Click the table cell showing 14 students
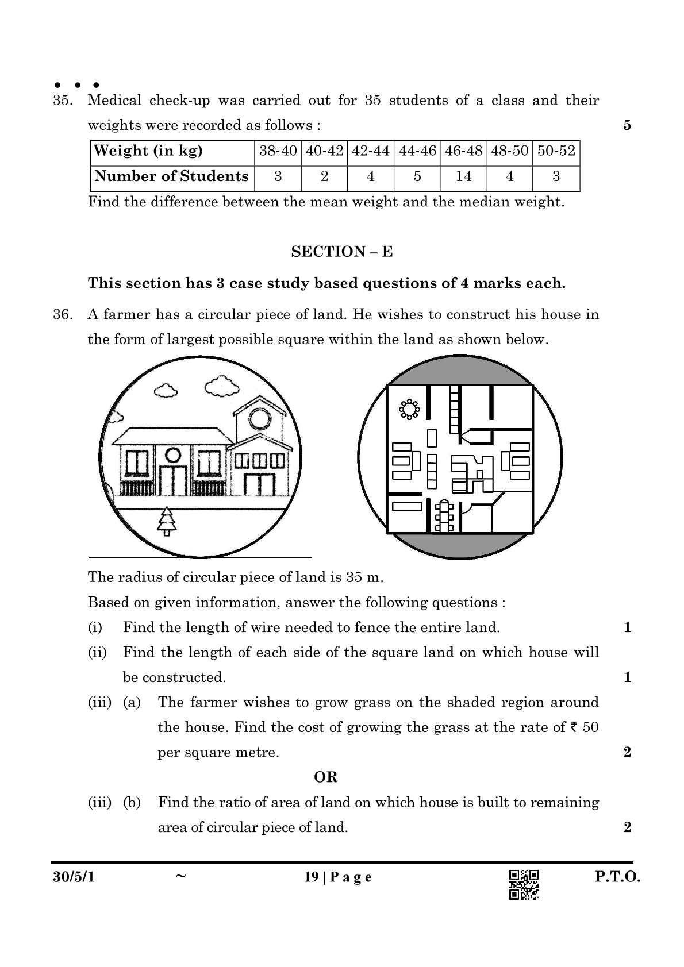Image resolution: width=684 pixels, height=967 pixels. coord(463,176)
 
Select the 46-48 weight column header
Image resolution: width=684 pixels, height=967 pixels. coord(463,151)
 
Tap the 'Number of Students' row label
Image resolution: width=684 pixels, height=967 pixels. coord(171,176)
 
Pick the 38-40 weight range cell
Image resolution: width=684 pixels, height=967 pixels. coord(278,151)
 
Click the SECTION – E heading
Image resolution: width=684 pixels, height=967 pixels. coord(341,252)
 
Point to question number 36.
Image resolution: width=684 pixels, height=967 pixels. coord(63,315)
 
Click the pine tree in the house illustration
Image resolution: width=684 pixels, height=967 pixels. coord(167,521)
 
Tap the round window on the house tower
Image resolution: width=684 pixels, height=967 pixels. coord(258,419)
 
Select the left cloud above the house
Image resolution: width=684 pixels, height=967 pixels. coord(166,391)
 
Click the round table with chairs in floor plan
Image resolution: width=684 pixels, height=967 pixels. coord(409,409)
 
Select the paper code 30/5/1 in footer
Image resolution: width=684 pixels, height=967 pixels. coord(73,877)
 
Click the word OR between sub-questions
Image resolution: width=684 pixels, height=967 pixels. coord(325,777)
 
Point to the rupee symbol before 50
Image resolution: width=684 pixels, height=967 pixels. coord(574,727)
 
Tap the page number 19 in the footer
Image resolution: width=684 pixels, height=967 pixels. coord(311,877)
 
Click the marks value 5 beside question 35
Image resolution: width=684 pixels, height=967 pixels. coord(627,125)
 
